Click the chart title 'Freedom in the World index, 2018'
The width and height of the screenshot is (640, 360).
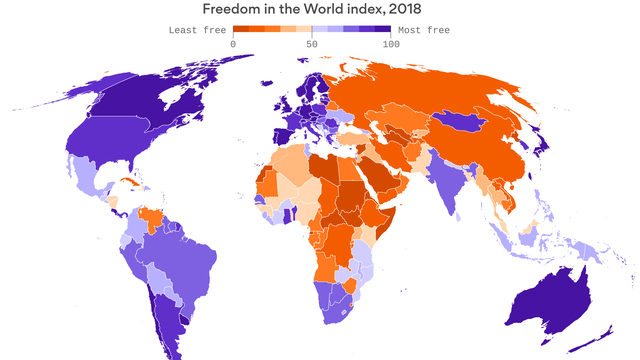(x=319, y=9)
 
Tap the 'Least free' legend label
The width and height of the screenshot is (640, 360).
(x=196, y=30)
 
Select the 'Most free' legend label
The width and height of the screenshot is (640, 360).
(x=423, y=30)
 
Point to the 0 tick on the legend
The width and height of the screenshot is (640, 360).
(x=233, y=43)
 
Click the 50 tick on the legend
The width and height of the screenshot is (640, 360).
(x=312, y=43)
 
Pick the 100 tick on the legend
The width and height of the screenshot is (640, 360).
(x=387, y=43)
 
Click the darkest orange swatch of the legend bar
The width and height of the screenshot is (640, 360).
(x=240, y=30)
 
